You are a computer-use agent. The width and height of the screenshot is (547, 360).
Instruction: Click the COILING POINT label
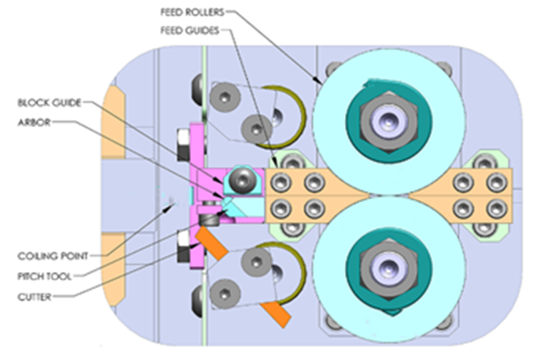51,256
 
